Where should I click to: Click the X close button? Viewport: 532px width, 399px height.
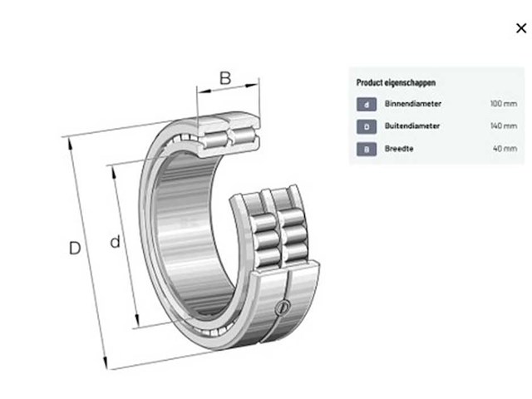pyautogui.click(x=521, y=28)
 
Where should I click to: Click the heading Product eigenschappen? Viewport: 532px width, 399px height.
pyautogui.click(x=396, y=83)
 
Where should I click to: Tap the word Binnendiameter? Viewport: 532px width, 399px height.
pyautogui.click(x=413, y=103)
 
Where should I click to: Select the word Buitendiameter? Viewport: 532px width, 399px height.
pyautogui.click(x=412, y=126)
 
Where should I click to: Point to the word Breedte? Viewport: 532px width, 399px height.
pyautogui.click(x=399, y=149)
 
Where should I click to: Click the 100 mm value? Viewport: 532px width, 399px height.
pyautogui.click(x=504, y=103)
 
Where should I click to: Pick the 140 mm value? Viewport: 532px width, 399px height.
pyautogui.click(x=504, y=126)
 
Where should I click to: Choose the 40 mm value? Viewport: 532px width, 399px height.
pyautogui.click(x=505, y=149)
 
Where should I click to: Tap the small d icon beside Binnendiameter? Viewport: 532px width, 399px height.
pyautogui.click(x=367, y=104)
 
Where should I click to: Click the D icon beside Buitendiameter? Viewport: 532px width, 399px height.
pyautogui.click(x=367, y=126)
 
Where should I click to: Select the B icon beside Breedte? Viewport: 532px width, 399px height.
pyautogui.click(x=367, y=150)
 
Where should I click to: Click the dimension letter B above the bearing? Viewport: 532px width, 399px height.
pyautogui.click(x=225, y=78)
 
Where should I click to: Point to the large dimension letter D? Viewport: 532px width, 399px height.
pyautogui.click(x=75, y=248)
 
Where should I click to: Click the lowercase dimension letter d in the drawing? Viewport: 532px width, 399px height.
pyautogui.click(x=116, y=242)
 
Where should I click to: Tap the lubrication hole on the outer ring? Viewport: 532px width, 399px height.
pyautogui.click(x=283, y=307)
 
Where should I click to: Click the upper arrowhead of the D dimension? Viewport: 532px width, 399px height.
pyautogui.click(x=70, y=144)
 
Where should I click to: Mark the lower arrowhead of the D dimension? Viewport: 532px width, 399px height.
pyautogui.click(x=106, y=362)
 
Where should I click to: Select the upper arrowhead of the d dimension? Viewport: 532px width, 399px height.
pyautogui.click(x=114, y=172)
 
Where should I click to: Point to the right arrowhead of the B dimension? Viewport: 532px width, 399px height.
pyautogui.click(x=252, y=85)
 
